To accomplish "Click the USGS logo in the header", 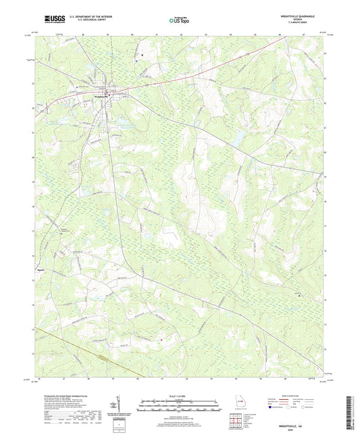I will pyautogui.click(x=50, y=20).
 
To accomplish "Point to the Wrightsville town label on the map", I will pyautogui.click(x=99, y=95).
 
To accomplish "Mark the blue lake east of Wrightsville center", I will pyautogui.click(x=238, y=138).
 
